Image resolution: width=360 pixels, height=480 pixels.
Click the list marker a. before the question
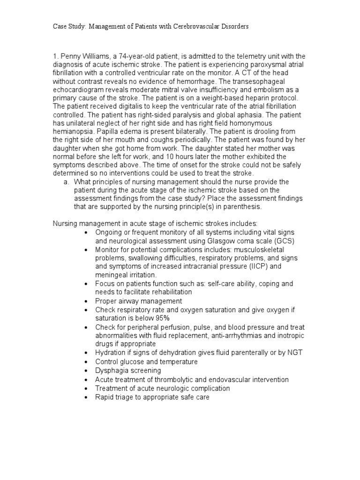click(x=67, y=182)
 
